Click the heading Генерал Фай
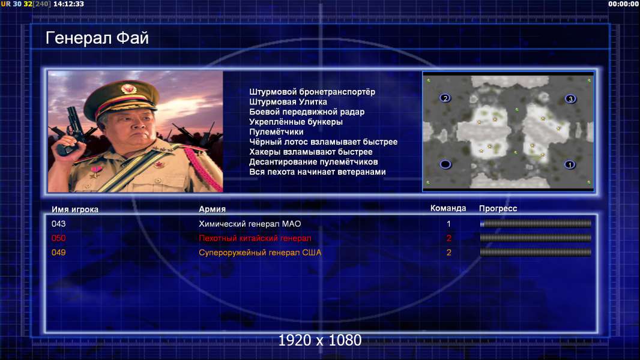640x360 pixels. tap(97, 38)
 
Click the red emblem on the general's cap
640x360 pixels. tap(128, 88)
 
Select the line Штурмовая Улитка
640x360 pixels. tap(288, 102)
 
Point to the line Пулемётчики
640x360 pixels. tap(276, 131)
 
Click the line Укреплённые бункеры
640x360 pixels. tap(296, 122)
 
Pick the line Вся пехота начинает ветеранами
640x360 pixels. tap(318, 172)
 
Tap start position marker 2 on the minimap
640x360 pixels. tap(445, 98)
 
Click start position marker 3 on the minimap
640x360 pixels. tap(570, 98)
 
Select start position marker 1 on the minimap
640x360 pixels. tap(570, 165)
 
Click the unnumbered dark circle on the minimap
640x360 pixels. tap(445, 164)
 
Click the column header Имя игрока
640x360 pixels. tap(75, 209)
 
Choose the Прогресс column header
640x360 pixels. tap(498, 208)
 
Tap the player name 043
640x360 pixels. tap(58, 224)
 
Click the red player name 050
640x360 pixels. tap(58, 238)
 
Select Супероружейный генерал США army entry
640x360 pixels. tap(260, 253)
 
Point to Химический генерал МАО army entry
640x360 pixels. tap(250, 224)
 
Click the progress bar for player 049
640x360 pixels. tap(536, 253)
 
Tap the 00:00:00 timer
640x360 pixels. tap(623, 4)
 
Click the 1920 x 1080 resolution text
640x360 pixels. tap(320, 340)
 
